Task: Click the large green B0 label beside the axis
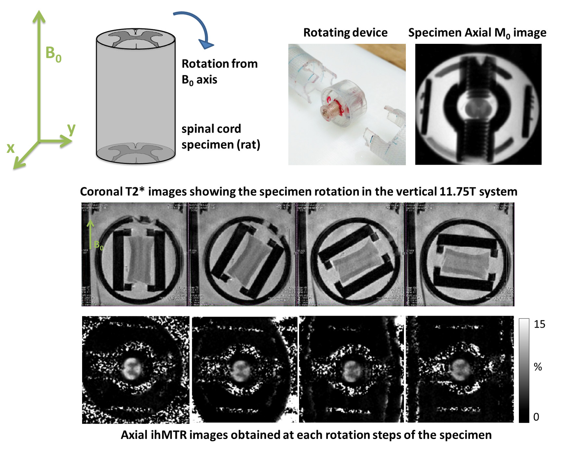click(53, 54)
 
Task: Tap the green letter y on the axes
click(71, 129)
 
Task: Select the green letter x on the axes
click(11, 148)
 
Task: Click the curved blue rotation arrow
click(195, 28)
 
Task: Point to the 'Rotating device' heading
click(345, 32)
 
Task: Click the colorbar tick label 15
click(539, 324)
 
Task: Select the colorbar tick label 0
click(536, 417)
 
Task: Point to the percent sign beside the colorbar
click(538, 367)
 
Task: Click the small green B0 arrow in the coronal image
click(90, 234)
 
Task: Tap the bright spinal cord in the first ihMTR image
click(132, 369)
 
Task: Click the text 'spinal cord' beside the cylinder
click(211, 129)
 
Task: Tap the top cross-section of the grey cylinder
click(136, 38)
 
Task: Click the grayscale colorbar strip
click(524, 370)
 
